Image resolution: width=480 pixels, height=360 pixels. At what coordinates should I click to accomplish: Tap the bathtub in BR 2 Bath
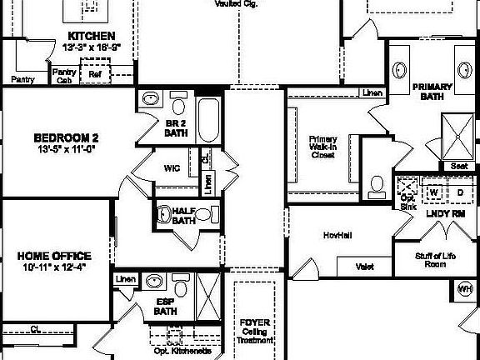[x=208, y=121]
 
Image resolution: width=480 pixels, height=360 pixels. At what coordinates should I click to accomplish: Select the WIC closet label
[x=172, y=168]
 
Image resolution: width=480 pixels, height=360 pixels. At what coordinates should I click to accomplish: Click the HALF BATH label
[x=182, y=216]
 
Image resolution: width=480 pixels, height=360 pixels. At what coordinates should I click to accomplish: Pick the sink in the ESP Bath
[x=155, y=281]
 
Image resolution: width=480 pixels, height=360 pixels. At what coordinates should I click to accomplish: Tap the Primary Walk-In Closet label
[x=322, y=147]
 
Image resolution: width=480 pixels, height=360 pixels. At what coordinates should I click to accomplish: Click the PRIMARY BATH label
[x=432, y=91]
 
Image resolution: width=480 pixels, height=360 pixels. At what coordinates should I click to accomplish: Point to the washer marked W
[x=434, y=192]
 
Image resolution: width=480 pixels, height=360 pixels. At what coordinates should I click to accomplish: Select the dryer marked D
[x=460, y=192]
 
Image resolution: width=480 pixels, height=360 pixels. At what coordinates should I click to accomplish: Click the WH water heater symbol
[x=464, y=289]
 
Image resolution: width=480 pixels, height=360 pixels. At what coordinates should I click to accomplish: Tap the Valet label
[x=364, y=267]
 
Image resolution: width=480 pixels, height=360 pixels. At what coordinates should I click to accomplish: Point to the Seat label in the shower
[x=458, y=166]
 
